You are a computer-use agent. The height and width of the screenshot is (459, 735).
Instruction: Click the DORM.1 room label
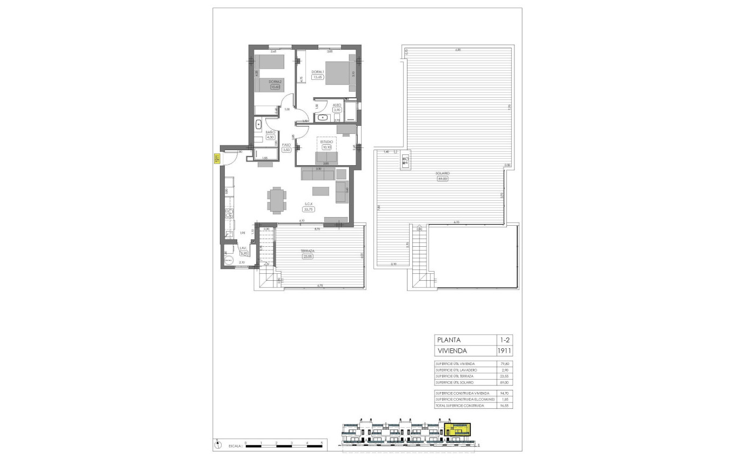pyautogui.click(x=317, y=71)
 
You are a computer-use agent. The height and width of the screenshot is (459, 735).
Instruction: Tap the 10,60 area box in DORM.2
pyautogui.click(x=276, y=87)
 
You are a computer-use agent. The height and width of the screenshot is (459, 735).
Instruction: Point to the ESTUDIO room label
pyautogui.click(x=326, y=142)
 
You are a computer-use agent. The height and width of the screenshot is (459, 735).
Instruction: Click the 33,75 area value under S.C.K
pyautogui.click(x=309, y=209)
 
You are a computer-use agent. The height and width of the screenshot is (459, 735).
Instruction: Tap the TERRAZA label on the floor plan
pyautogui.click(x=308, y=251)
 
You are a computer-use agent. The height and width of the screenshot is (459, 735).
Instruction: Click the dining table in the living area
pyautogui.click(x=277, y=200)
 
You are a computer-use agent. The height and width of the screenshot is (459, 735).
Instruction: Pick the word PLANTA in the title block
pyautogui.click(x=449, y=340)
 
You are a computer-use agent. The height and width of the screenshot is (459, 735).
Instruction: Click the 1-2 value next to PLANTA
pyautogui.click(x=504, y=340)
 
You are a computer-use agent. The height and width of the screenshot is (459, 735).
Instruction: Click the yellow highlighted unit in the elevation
pyautogui.click(x=457, y=429)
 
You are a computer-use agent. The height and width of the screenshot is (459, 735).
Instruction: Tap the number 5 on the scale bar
pyautogui.click(x=322, y=443)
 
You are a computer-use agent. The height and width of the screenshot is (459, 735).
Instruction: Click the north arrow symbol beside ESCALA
pyautogui.click(x=218, y=445)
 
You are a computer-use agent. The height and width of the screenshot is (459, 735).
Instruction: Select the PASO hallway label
pyautogui.click(x=286, y=145)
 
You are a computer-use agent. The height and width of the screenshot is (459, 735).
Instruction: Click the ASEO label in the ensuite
pyautogui.click(x=336, y=105)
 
